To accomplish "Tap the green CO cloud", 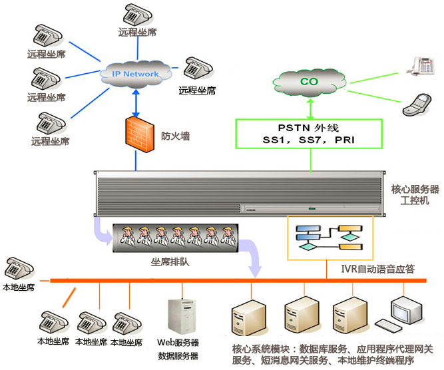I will [309, 82].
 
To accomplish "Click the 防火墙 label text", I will [176, 136].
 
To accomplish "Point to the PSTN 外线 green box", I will [310, 133].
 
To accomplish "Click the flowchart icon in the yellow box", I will [329, 237].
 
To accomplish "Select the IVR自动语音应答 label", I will [377, 270].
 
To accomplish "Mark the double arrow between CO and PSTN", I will [310, 108].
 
